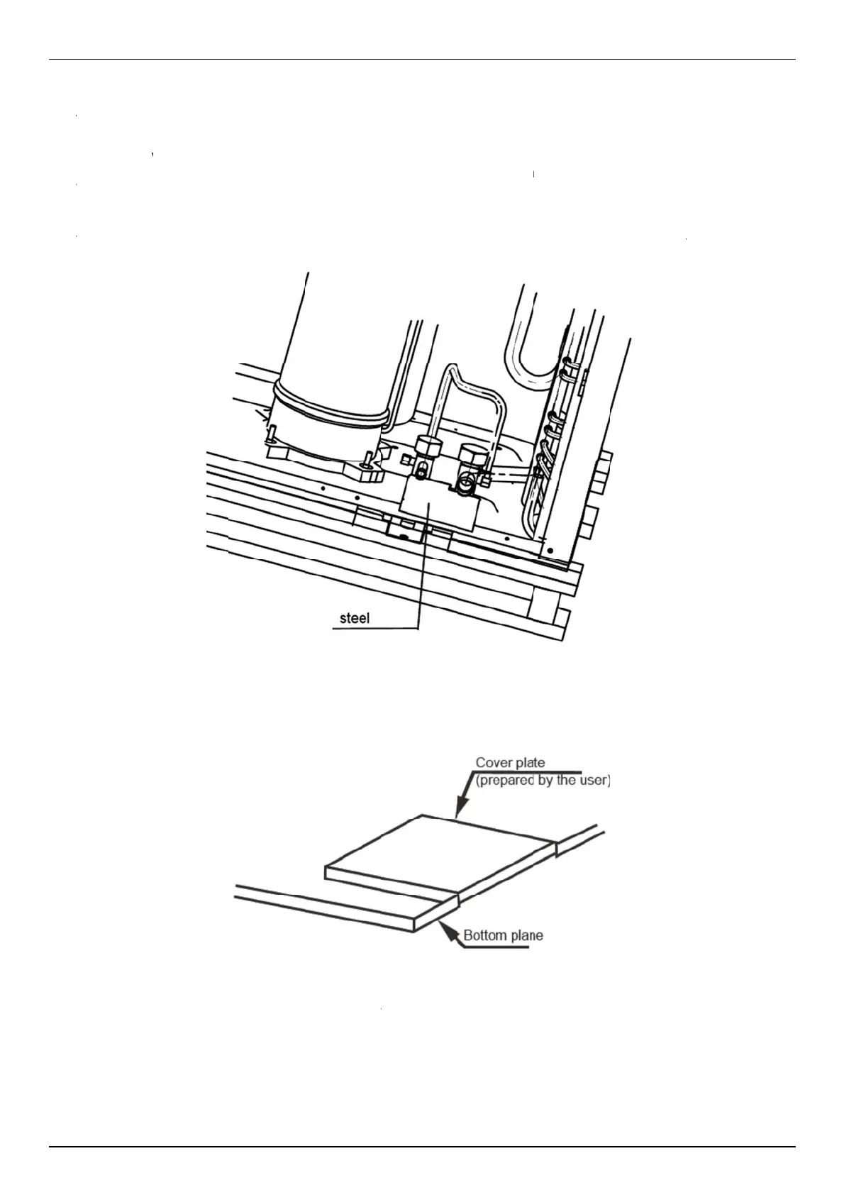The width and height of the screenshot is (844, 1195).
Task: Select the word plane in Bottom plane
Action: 526,935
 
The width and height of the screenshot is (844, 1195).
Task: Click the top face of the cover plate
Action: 440,849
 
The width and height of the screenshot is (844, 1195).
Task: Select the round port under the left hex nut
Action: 423,470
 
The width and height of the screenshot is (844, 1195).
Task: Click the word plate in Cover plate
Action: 529,763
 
